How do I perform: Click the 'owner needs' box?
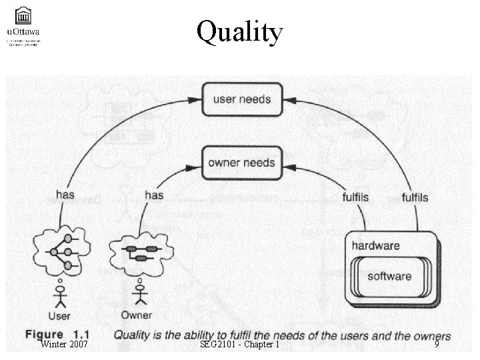coord(241,163)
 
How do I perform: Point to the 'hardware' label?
coord(376,245)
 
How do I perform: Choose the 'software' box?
coord(389,276)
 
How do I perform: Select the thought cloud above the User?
coord(60,251)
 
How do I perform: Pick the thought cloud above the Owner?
coord(141,251)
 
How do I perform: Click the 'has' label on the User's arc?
coord(65,195)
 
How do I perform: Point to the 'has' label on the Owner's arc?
coord(153,195)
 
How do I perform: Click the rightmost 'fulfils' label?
coord(415,198)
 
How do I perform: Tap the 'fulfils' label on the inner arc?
coord(355,198)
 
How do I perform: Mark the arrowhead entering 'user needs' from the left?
coord(194,99)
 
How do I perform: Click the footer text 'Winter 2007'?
coord(64,344)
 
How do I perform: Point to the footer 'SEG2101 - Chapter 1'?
coord(239,344)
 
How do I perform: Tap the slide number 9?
coord(437,344)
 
